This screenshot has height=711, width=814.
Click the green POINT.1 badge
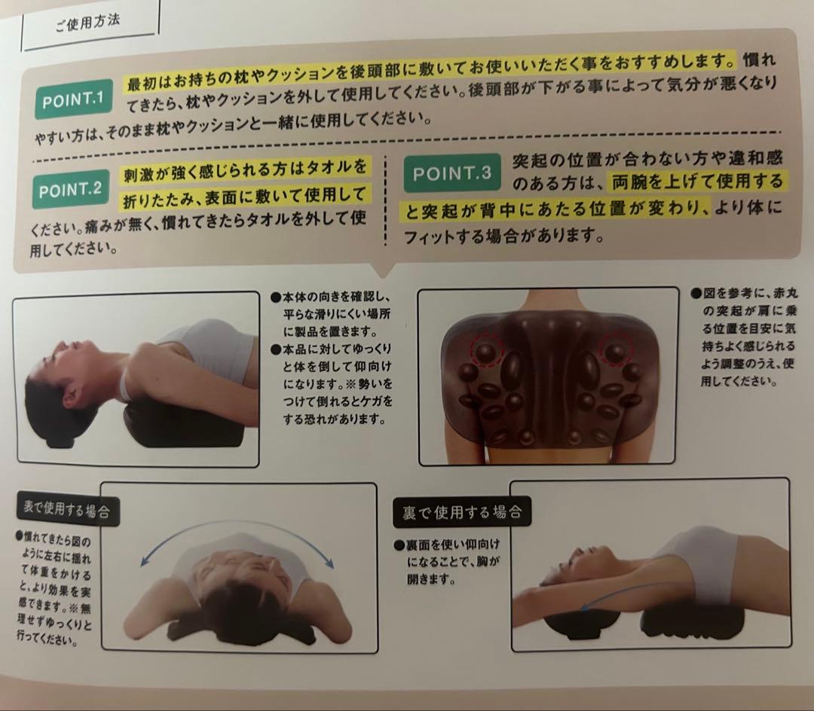(74, 99)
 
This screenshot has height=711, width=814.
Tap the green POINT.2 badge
(71, 189)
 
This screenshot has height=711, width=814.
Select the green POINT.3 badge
(451, 172)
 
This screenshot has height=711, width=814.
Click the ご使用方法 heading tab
(88, 23)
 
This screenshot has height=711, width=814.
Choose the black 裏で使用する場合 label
(462, 512)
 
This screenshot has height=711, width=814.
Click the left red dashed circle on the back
(487, 349)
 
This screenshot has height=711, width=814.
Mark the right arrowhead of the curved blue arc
(329, 562)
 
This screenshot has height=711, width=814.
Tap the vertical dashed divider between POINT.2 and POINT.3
(385, 200)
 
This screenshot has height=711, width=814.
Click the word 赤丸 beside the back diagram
(785, 293)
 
